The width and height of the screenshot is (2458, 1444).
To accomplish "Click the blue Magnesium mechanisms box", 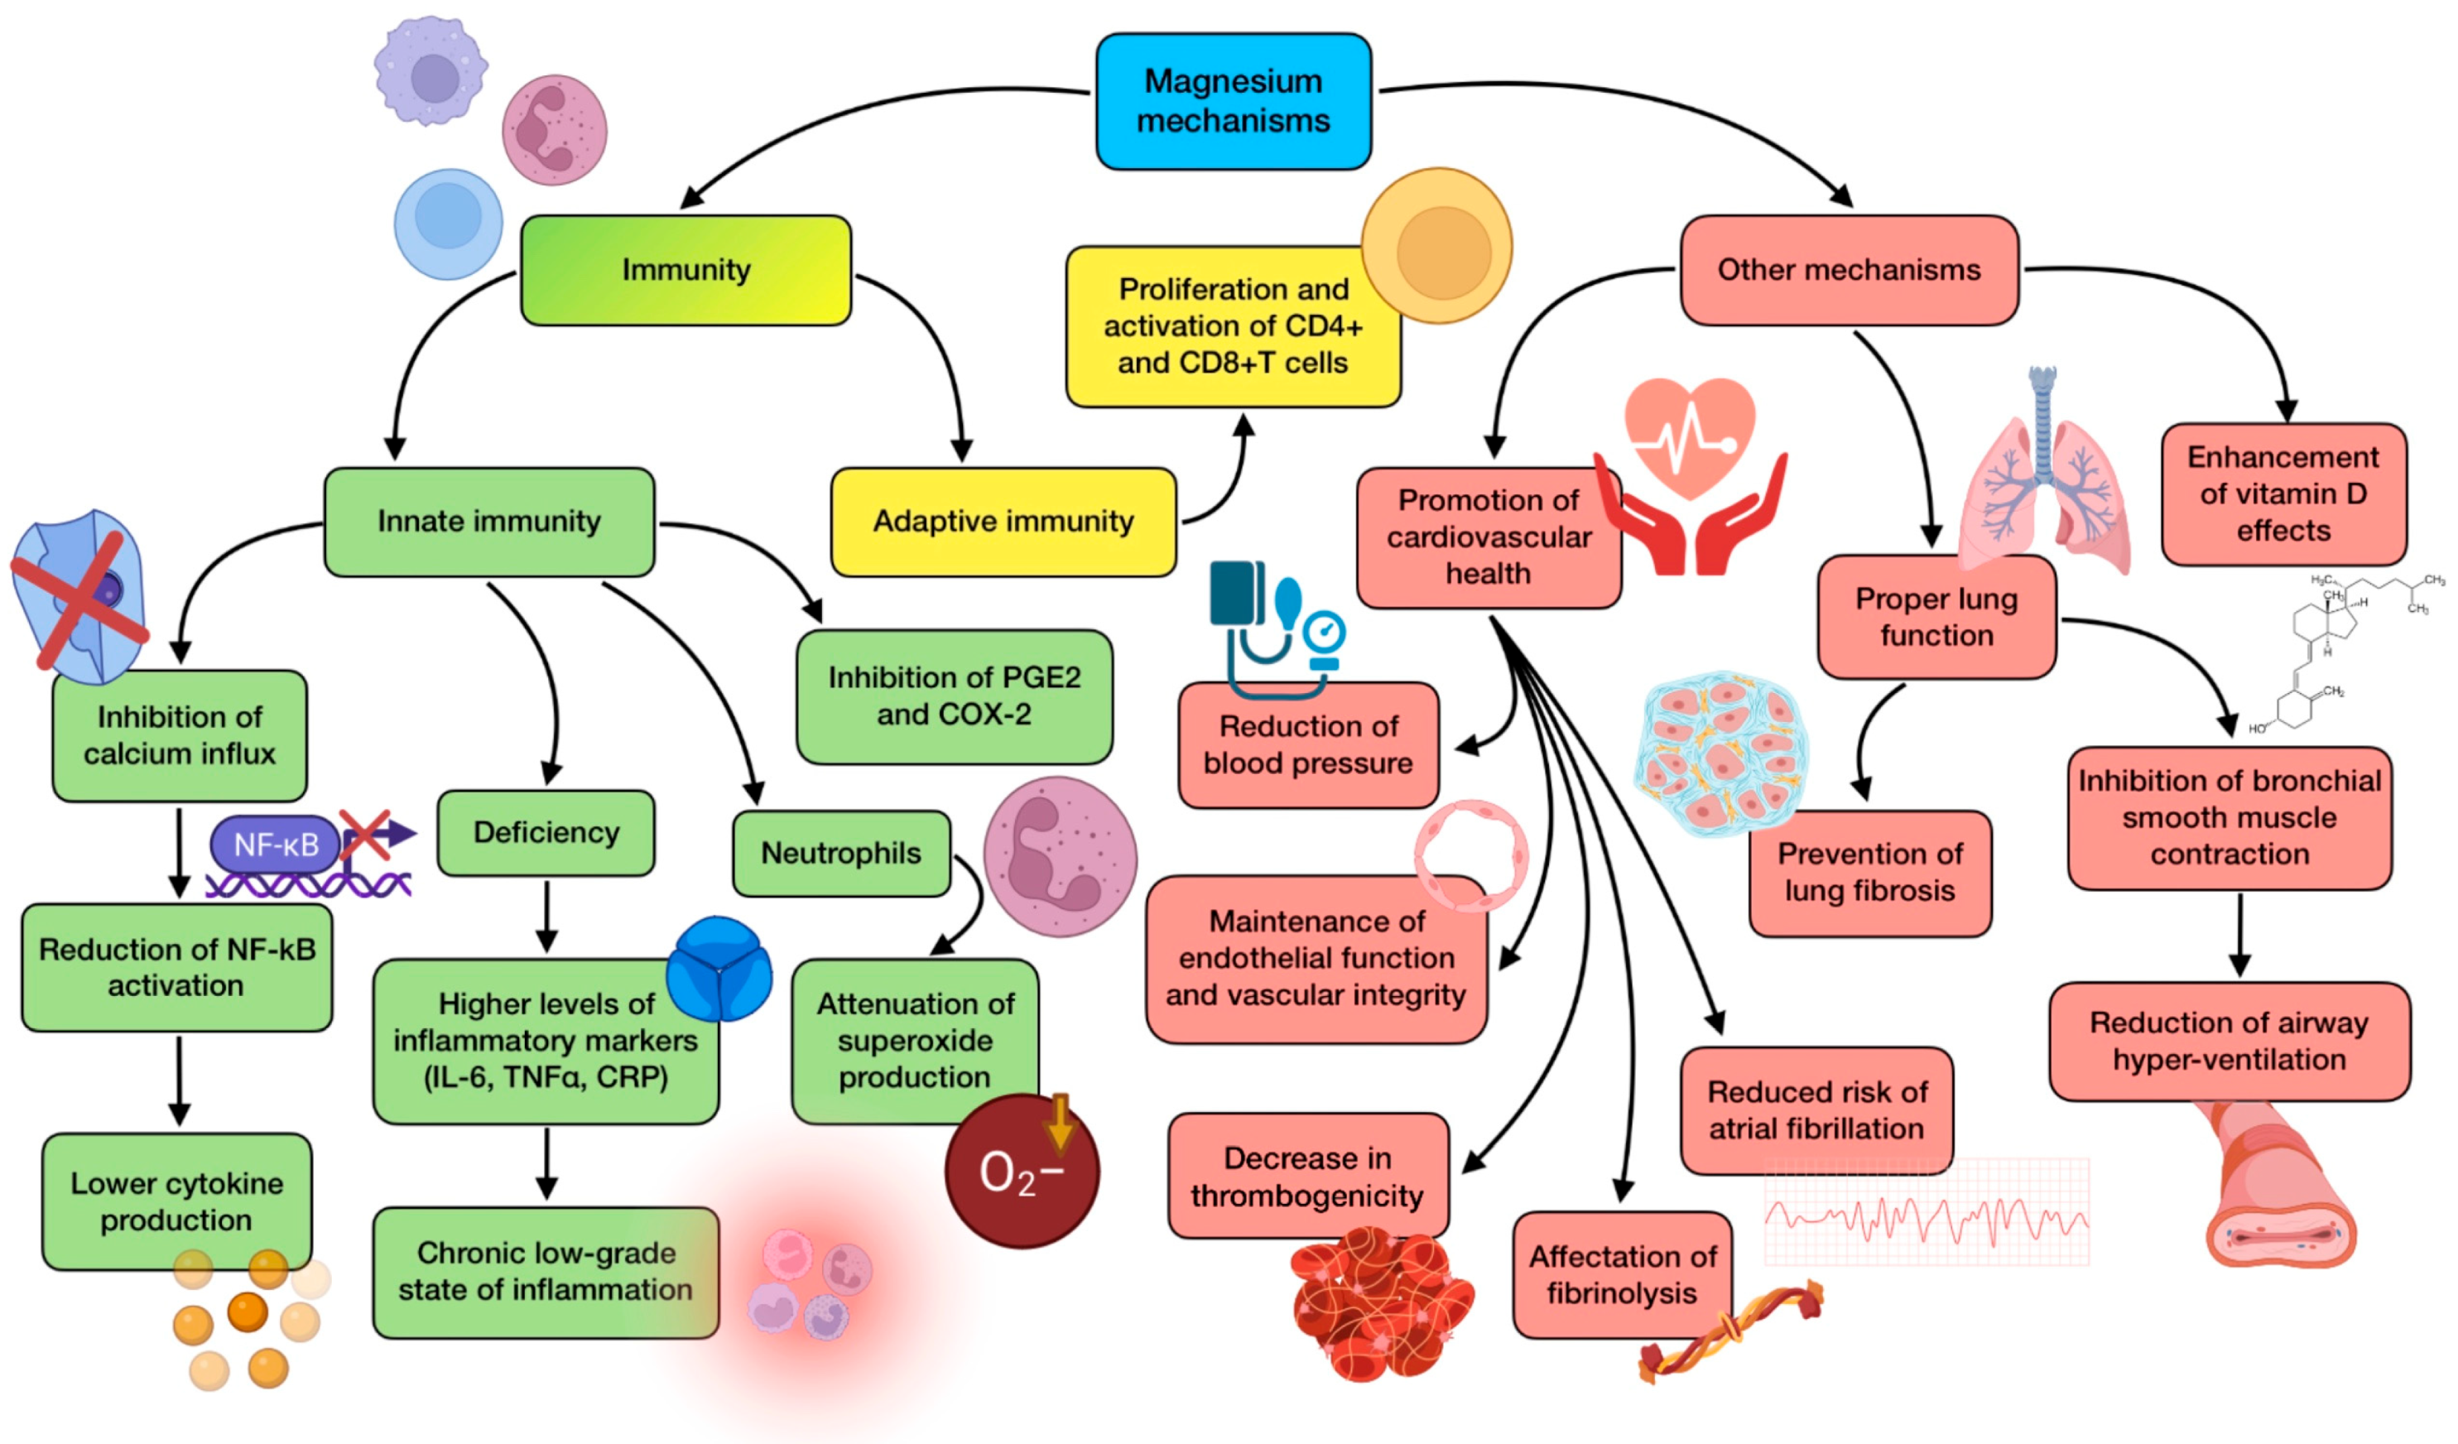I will (1233, 100).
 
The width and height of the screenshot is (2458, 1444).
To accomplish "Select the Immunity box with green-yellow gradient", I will (685, 270).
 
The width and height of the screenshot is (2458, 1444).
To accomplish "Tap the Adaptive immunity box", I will (1003, 521).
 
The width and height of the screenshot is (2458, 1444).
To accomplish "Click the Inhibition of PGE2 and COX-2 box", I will (953, 696).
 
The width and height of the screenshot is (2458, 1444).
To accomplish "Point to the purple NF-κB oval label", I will (275, 844).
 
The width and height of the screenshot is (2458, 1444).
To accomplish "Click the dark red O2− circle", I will (1022, 1172).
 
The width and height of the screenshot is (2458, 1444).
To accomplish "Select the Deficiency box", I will (546, 832).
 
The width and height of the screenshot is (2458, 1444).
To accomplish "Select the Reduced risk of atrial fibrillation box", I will (1816, 1109).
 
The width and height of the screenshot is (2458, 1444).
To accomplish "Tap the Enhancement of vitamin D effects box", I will (2282, 493).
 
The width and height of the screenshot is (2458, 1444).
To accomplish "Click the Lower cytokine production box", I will (176, 1201).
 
